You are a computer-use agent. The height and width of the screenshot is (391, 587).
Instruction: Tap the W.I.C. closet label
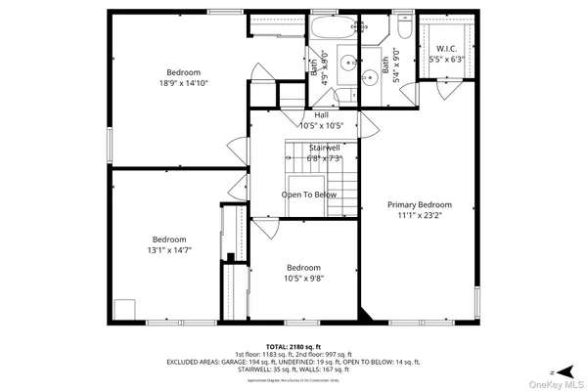click(x=447, y=48)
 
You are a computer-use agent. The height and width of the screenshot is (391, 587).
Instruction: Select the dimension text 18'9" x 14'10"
click(x=183, y=83)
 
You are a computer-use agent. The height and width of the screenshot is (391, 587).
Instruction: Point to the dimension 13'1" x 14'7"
click(x=169, y=250)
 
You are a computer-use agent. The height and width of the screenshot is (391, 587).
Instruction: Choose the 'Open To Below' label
click(x=308, y=195)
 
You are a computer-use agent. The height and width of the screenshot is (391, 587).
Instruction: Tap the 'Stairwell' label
click(x=324, y=147)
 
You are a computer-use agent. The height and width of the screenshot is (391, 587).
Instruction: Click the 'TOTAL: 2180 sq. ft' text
click(x=293, y=346)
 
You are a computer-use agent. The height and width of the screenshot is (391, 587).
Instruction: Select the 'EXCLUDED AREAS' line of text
click(x=293, y=362)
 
